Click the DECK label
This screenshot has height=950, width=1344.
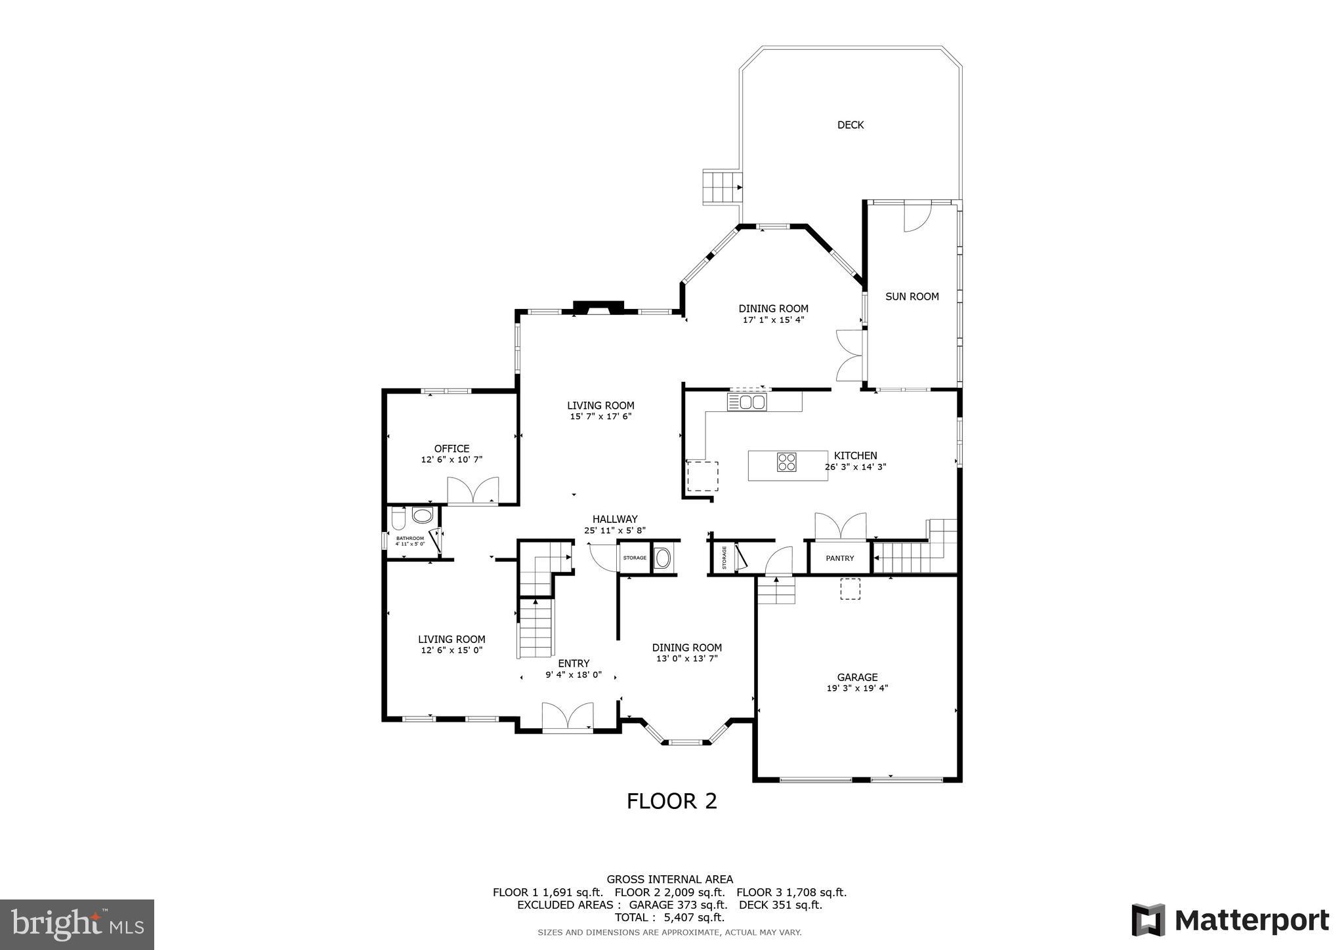(x=850, y=125)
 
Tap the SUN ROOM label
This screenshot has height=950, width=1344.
(x=912, y=297)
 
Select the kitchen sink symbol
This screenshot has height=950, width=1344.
(x=746, y=402)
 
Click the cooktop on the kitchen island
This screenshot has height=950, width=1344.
(x=787, y=462)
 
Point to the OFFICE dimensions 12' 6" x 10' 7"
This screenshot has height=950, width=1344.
(x=451, y=460)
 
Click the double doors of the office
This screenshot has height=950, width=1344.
(x=472, y=491)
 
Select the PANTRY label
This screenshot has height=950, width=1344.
(x=839, y=558)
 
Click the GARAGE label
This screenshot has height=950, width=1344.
(x=857, y=677)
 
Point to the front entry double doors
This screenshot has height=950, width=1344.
(x=568, y=716)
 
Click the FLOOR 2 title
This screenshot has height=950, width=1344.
(x=671, y=801)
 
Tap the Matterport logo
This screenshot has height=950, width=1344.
(x=1230, y=920)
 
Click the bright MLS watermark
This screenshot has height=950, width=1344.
(x=77, y=924)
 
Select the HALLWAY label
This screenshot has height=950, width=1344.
(x=615, y=519)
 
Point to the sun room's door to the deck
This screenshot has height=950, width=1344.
(x=917, y=217)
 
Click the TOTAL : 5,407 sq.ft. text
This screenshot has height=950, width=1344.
(x=669, y=917)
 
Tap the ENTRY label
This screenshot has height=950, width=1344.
(x=574, y=663)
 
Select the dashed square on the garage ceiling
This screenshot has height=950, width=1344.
(x=850, y=589)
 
